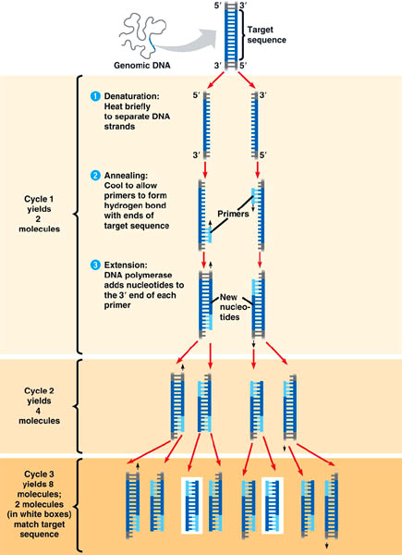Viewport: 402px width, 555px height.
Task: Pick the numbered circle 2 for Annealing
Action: tap(94, 176)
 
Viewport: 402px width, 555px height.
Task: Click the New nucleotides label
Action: tap(235, 304)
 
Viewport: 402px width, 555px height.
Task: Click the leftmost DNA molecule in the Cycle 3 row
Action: tap(135, 501)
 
